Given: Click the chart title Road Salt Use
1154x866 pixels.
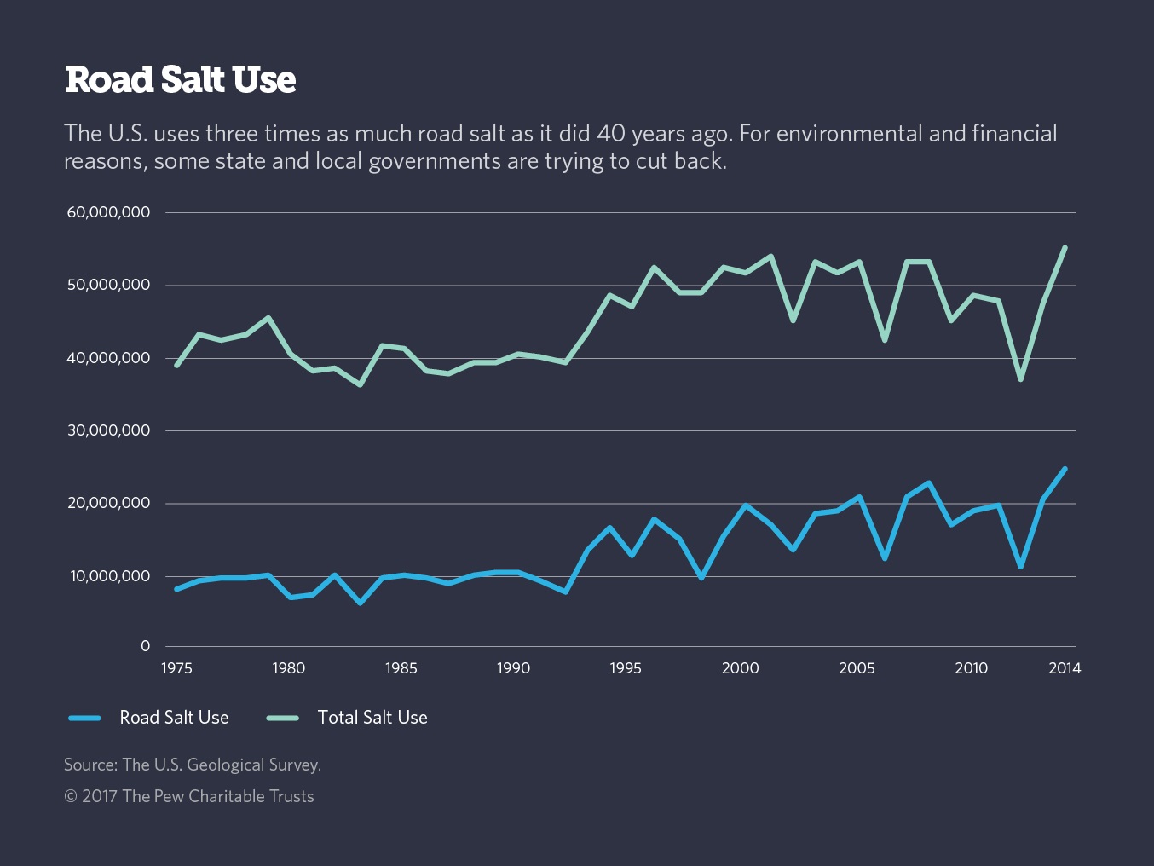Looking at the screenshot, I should point(180,80).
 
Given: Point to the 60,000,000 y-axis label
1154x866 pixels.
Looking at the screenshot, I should point(108,212).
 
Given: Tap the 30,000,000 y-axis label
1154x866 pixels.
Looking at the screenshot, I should point(108,430).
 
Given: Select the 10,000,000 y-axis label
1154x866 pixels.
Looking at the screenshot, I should point(110,576).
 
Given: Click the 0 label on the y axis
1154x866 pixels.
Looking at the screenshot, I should point(146,646).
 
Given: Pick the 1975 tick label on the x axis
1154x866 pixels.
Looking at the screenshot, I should point(176,668).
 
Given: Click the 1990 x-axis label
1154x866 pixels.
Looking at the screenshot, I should point(513,668).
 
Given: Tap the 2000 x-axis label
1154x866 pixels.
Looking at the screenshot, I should point(740,668).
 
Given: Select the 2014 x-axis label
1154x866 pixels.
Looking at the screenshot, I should point(1065,668).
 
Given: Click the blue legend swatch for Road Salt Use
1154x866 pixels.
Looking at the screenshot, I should point(85,718).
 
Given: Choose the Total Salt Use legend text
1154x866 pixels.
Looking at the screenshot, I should point(372,718).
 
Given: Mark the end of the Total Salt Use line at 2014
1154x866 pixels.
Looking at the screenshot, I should point(1065,248).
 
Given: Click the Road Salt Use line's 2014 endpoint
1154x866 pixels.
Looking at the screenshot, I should point(1065,469).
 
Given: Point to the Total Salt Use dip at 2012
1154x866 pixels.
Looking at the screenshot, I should point(1020,379).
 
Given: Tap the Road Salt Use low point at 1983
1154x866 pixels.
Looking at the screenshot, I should point(361,603).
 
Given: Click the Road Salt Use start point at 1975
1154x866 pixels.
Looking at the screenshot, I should point(176,589).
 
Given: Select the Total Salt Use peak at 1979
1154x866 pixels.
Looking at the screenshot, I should point(268,318).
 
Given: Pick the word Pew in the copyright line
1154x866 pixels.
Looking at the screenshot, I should point(169,796).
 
